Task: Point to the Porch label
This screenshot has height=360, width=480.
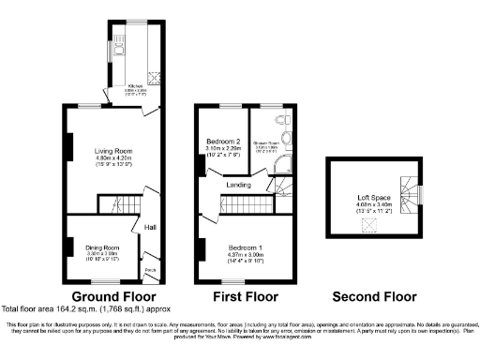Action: pos(149,274)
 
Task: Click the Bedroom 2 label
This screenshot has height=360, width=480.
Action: pos(223,141)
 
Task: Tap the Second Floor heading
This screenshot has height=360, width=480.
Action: pos(373,296)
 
